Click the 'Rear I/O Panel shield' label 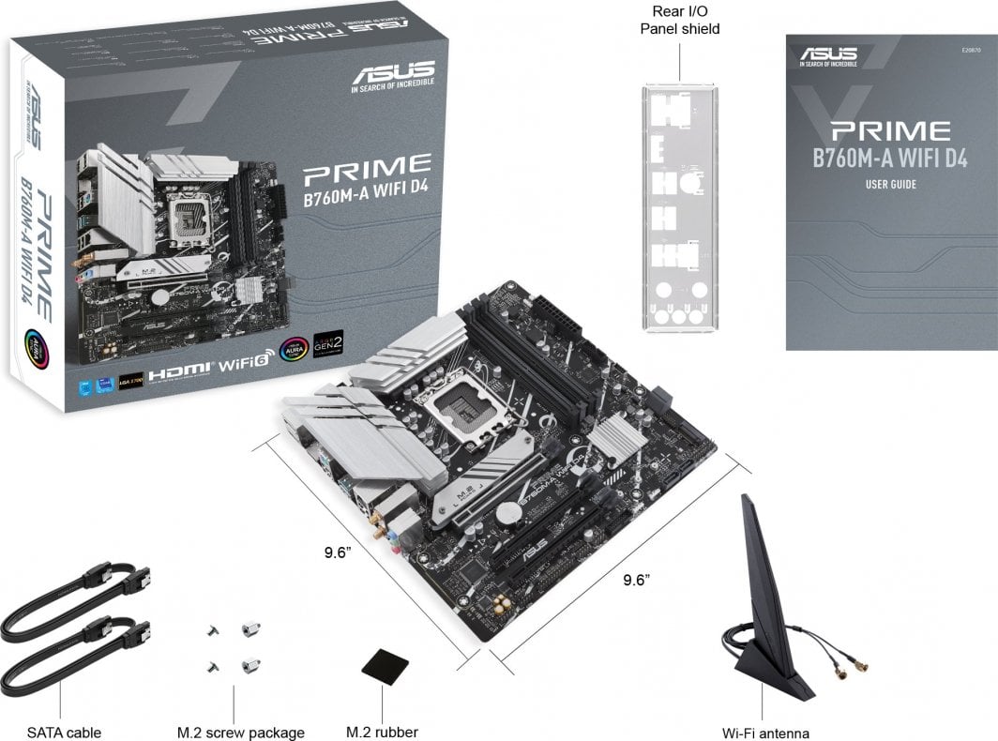[x=680, y=20]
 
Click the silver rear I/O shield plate [x=680, y=207]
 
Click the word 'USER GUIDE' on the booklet [x=890, y=185]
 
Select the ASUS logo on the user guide [x=828, y=53]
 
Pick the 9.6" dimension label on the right [x=637, y=580]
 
